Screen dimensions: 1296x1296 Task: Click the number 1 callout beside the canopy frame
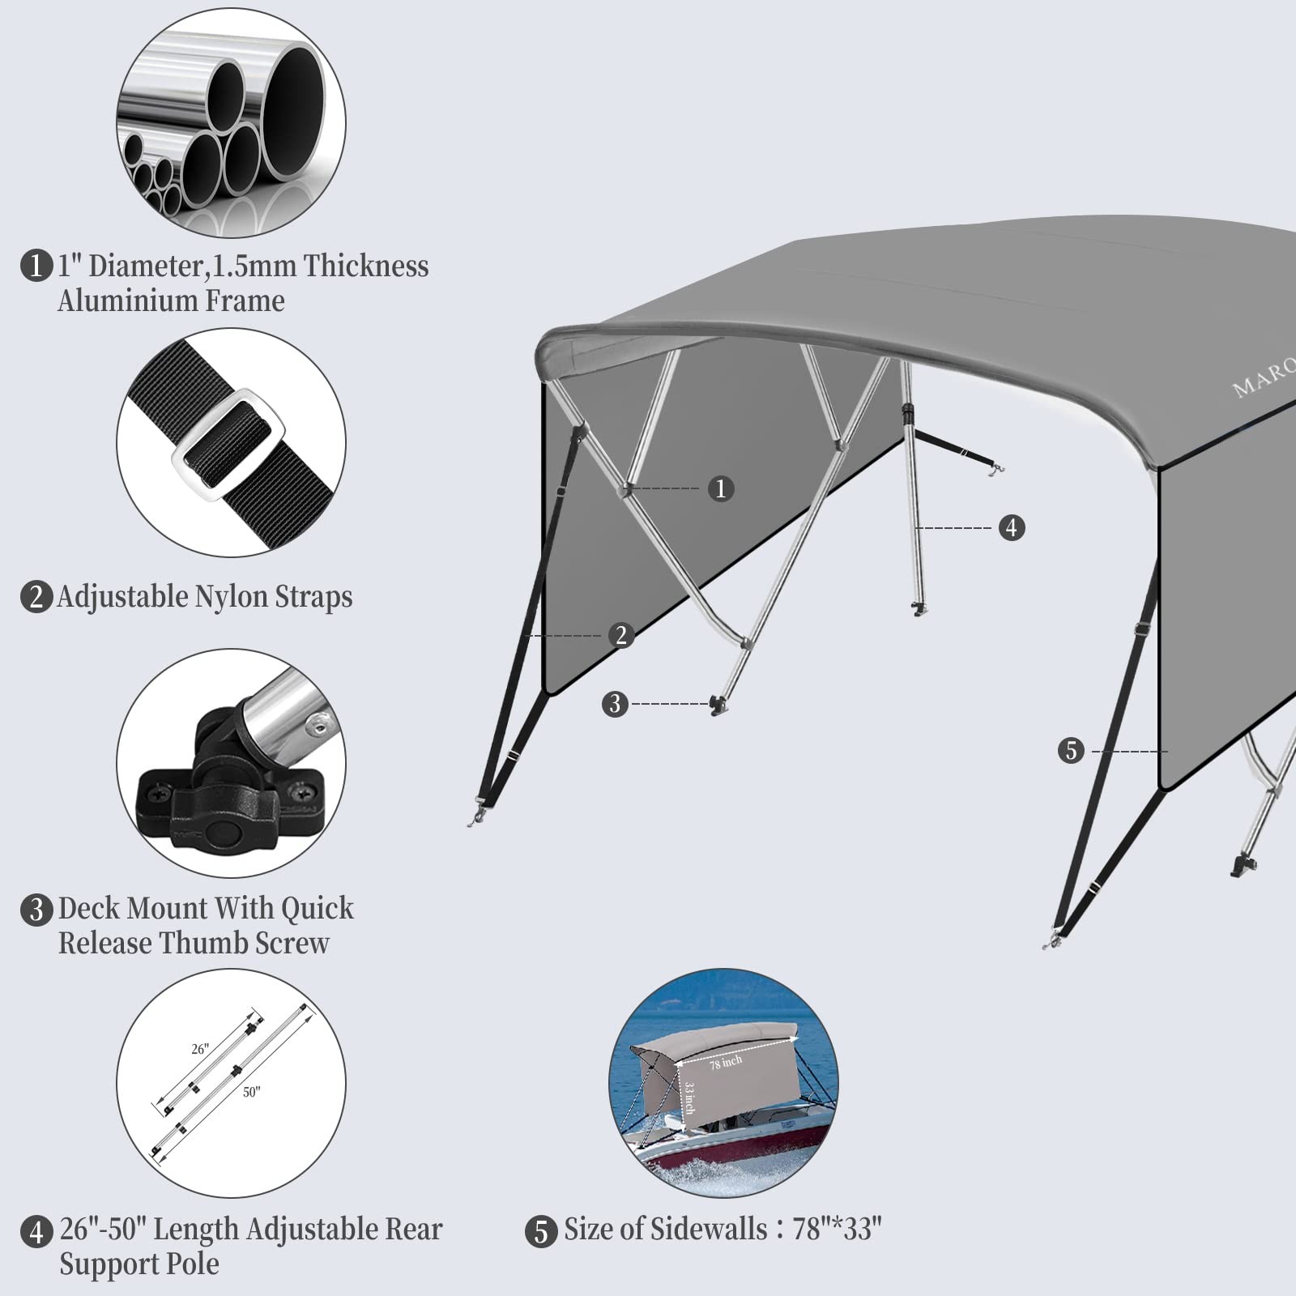coord(721,488)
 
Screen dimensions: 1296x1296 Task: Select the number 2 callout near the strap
coord(621,635)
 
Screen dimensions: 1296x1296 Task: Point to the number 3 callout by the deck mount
coord(615,704)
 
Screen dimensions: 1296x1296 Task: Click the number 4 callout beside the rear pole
coord(1011,528)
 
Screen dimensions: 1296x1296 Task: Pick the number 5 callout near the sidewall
coord(1071,751)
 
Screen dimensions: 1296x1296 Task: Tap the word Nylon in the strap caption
coord(231,597)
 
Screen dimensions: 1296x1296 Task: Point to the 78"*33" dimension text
coord(837,1230)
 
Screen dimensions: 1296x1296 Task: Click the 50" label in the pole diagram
coord(251,1093)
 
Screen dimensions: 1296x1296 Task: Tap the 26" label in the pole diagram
coord(200,1049)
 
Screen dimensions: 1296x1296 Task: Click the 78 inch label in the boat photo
coord(726,1062)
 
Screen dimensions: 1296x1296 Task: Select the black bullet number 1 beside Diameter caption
coord(36,266)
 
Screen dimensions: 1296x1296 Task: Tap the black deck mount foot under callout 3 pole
coord(717,705)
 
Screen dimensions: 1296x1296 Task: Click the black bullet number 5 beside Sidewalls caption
coord(541,1232)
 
